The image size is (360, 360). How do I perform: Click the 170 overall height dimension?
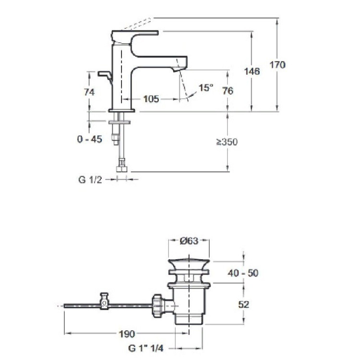click(x=277, y=65)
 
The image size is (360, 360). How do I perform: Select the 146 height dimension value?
click(x=252, y=72)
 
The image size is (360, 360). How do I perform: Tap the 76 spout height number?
click(x=228, y=91)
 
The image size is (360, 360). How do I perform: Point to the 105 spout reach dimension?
click(x=151, y=99)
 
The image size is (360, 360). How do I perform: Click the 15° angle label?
click(x=206, y=87)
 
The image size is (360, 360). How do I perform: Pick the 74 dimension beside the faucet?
click(x=89, y=92)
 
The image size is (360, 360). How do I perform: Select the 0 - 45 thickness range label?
click(x=90, y=139)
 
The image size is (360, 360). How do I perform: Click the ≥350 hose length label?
click(x=227, y=142)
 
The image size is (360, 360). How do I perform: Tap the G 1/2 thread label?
click(x=90, y=180)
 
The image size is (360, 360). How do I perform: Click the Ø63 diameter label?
click(x=189, y=241)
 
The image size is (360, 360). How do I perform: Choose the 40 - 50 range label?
click(x=243, y=273)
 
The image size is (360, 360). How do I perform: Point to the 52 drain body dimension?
click(x=243, y=304)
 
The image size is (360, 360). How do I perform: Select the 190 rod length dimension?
click(x=127, y=334)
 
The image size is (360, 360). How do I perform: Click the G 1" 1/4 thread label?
click(x=146, y=348)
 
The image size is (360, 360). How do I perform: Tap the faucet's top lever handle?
click(x=135, y=36)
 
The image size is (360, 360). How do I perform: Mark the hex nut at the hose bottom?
click(x=122, y=169)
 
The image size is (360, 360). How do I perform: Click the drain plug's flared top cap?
click(x=189, y=264)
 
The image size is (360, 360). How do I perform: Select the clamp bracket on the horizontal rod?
click(x=104, y=301)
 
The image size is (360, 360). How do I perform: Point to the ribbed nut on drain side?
click(x=157, y=306)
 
